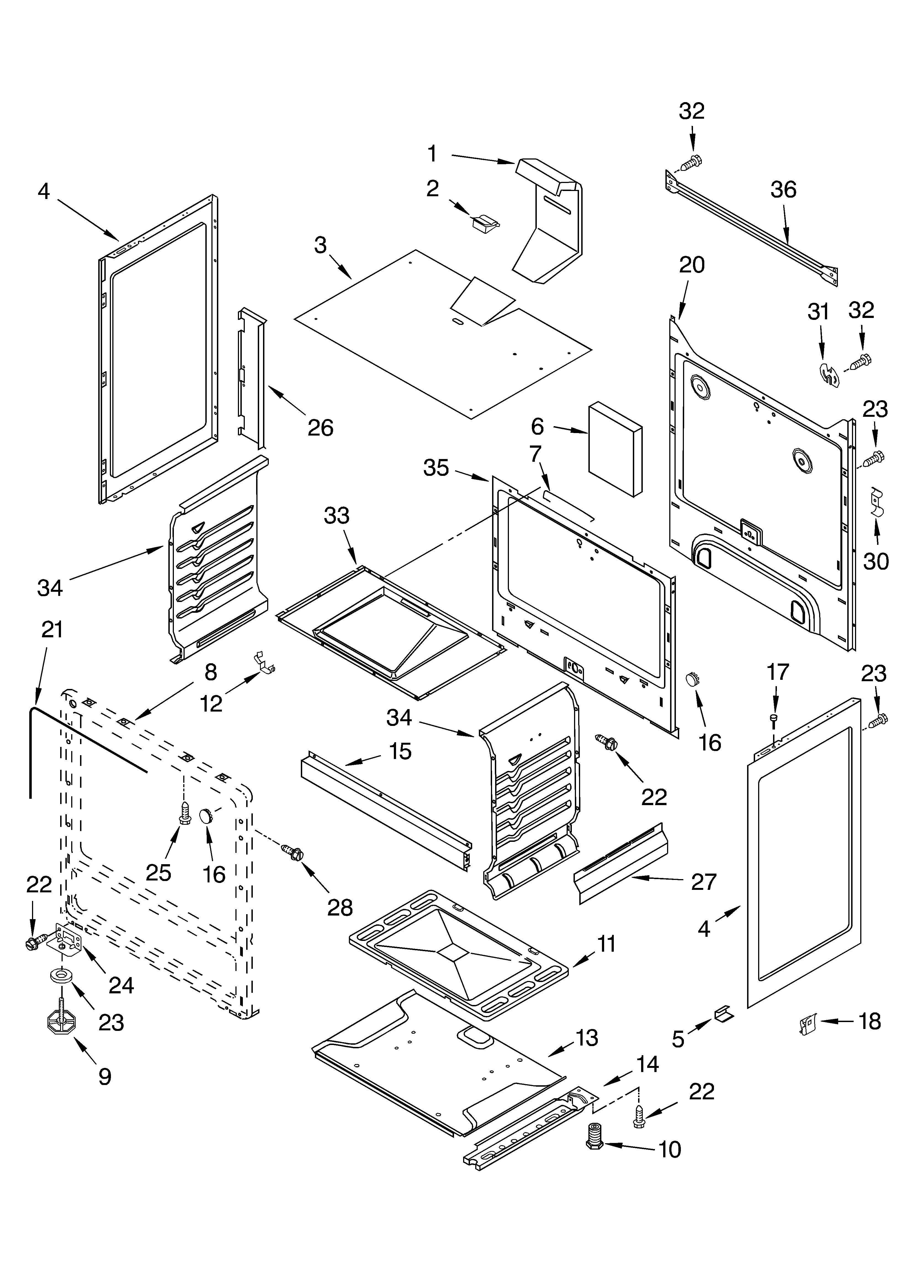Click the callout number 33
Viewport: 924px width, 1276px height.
(336, 516)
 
